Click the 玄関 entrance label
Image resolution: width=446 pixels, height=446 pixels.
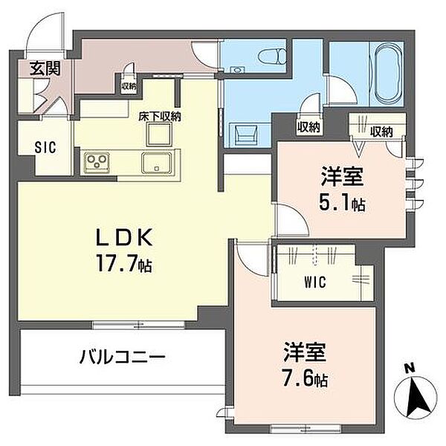[45, 68]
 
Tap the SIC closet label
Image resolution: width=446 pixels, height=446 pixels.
[45, 147]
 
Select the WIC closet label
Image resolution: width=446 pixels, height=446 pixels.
[315, 282]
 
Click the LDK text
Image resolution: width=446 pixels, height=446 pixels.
[125, 238]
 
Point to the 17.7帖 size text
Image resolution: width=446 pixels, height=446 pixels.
[124, 263]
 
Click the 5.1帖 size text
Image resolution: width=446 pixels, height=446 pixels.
[342, 202]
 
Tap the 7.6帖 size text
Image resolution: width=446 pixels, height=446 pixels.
[305, 378]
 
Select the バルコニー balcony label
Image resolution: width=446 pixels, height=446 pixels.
[123, 357]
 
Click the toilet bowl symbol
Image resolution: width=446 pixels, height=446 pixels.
[272, 56]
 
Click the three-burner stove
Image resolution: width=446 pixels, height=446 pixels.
[97, 162]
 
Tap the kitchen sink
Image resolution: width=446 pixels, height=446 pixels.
[156, 163]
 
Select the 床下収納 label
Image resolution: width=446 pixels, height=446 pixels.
[160, 117]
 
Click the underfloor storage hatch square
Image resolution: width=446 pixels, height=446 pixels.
[159, 135]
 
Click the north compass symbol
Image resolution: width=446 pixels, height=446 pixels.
[416, 398]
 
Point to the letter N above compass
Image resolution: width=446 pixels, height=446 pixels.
[410, 369]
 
